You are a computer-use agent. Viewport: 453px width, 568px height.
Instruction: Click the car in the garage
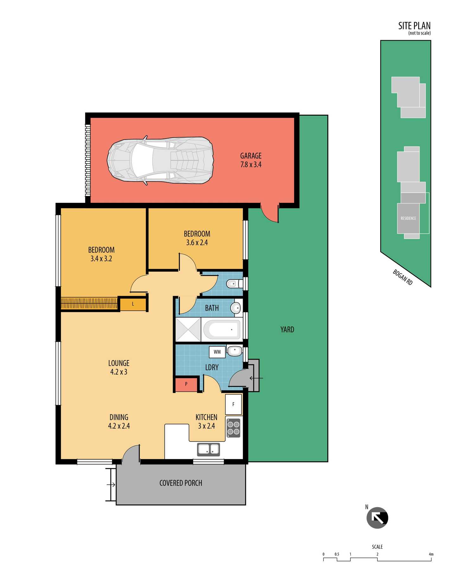160,160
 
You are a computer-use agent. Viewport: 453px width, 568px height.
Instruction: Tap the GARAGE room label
251,156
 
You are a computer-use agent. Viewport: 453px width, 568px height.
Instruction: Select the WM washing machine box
217,352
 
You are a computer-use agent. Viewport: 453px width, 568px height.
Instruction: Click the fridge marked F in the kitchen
233,404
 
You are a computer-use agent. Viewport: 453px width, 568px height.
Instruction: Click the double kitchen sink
208,449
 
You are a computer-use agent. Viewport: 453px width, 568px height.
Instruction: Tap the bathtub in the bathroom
222,330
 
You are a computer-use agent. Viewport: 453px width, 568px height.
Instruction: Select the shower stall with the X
188,330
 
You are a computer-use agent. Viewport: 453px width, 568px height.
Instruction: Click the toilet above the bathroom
234,283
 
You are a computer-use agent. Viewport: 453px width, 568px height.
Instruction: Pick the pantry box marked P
186,384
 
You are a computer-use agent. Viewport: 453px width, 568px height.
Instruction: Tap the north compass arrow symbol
377,518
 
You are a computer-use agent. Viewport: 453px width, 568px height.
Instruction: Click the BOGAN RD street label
403,277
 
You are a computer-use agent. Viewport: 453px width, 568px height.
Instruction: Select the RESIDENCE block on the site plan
408,218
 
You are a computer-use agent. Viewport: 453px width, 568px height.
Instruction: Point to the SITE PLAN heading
414,26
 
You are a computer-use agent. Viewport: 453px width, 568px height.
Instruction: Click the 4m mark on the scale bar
431,554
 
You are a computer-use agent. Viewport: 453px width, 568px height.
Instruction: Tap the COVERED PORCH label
181,483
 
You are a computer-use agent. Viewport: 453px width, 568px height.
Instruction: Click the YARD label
287,330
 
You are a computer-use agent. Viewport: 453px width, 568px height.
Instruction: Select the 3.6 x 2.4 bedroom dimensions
197,242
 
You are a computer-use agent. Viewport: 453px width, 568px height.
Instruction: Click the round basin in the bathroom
235,308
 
